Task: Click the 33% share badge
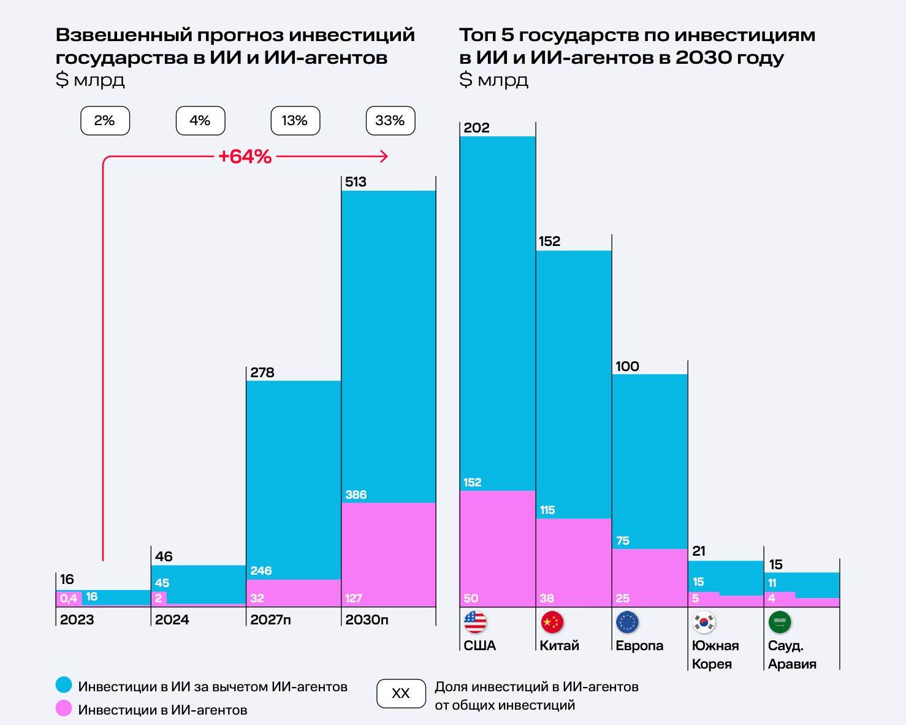390,121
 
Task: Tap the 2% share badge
105,121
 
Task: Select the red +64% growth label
245,156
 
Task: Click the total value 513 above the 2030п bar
356,182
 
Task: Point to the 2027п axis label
270,620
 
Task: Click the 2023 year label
77,620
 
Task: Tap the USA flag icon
475,622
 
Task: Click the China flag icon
552,622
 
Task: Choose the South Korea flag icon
704,622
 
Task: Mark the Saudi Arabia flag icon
780,622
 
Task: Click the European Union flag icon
627,622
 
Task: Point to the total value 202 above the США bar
476,128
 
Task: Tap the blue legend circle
64,685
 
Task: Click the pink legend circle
64,708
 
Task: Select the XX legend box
401,694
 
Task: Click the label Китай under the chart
559,645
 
